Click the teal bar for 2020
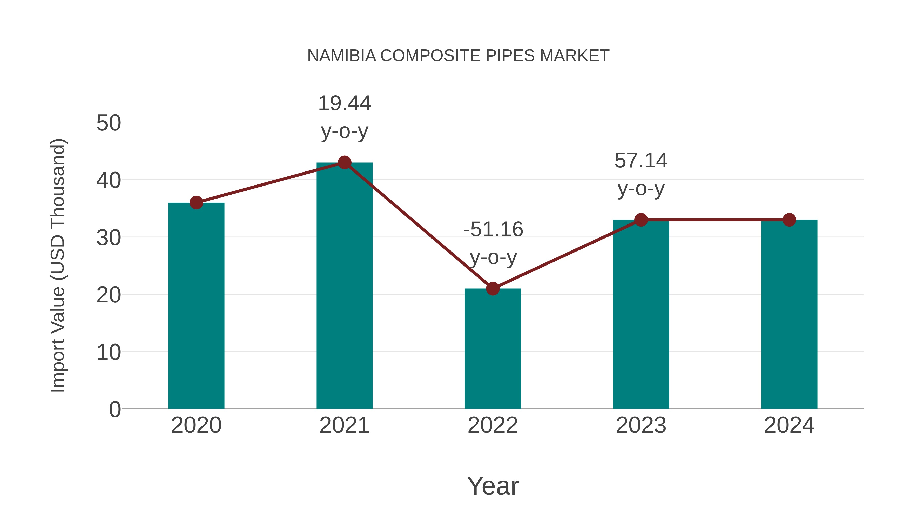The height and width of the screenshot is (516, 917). coord(196,306)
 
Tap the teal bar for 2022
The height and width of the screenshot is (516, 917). coord(493,349)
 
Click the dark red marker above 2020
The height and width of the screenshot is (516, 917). coord(196,203)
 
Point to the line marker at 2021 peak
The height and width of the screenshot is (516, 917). coord(344,163)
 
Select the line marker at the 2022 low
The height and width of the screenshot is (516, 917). coord(493,288)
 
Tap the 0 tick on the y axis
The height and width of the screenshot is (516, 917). coord(115,409)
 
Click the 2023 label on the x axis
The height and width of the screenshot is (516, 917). coord(641,425)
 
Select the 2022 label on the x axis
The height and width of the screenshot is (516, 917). coord(493,425)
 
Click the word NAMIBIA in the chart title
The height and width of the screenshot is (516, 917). coord(341,56)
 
